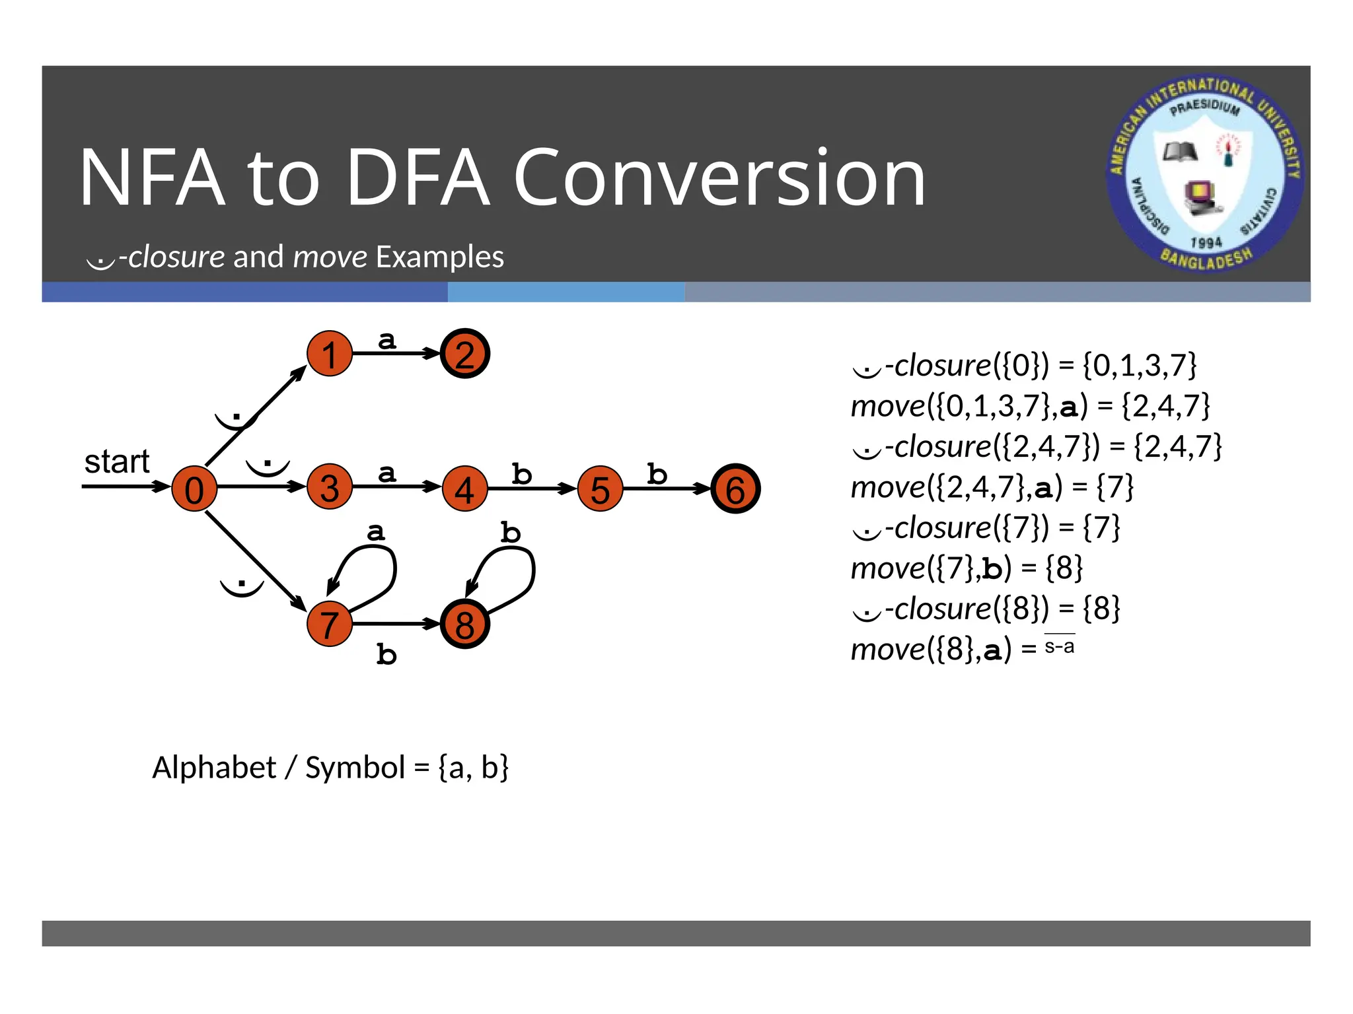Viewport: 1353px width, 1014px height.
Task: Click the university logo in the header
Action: tap(1205, 174)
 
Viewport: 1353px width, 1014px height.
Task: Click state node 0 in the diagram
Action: tap(194, 489)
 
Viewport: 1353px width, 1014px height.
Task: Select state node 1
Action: tap(330, 354)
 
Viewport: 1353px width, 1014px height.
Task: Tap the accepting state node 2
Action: tap(465, 354)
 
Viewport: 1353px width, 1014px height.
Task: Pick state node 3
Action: tap(330, 488)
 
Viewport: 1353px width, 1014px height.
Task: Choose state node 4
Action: tap(465, 489)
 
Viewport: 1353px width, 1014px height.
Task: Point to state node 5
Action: tap(600, 489)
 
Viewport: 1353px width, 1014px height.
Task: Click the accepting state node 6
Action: tap(735, 489)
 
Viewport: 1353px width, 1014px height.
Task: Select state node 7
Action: tap(330, 624)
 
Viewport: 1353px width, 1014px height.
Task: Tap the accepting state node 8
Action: tap(465, 625)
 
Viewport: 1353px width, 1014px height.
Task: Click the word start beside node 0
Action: tap(117, 461)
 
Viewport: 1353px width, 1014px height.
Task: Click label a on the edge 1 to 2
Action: tap(387, 340)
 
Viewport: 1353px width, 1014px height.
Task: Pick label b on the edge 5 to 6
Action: tap(657, 474)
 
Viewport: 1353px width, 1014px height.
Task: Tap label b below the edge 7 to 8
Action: tap(386, 654)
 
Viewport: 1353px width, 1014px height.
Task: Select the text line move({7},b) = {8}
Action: tap(967, 568)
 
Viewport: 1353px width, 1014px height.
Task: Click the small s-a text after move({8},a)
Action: tap(1059, 646)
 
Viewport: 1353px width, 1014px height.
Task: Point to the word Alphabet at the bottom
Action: tap(214, 767)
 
